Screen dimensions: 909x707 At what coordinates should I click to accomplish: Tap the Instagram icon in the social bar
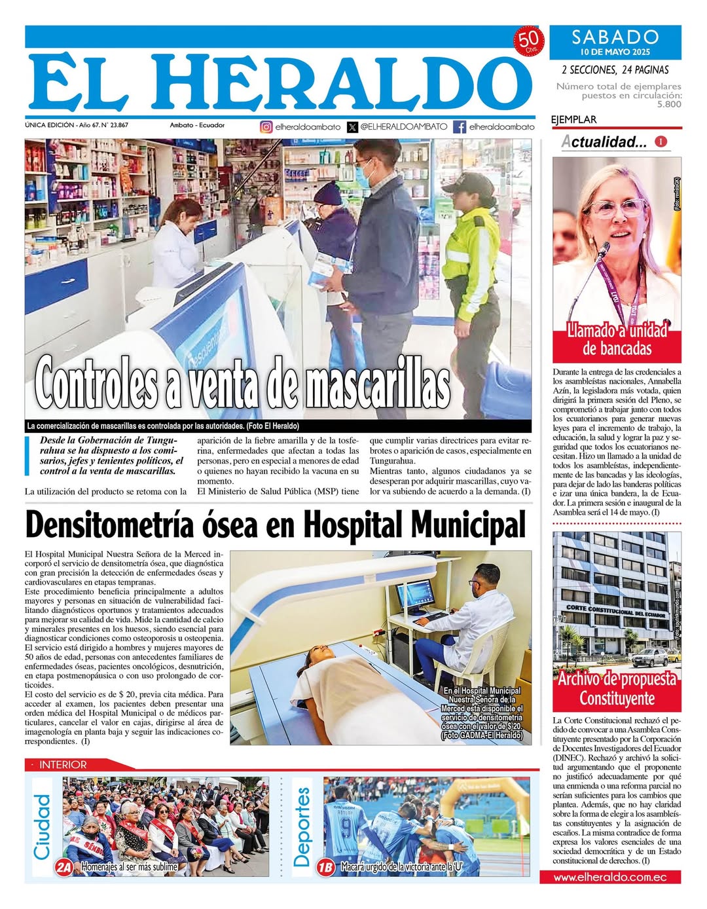click(266, 127)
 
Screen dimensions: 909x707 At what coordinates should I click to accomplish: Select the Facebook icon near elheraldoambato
click(460, 127)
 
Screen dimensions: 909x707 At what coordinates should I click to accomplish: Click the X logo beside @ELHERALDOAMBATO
click(352, 127)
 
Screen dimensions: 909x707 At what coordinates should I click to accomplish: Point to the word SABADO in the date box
click(615, 37)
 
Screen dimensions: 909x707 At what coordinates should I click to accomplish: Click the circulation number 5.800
click(669, 104)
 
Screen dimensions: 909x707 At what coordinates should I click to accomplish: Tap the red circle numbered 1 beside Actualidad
click(661, 141)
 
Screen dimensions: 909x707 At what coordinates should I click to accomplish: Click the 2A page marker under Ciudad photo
click(63, 867)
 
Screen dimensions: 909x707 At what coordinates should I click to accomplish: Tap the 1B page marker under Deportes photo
click(325, 867)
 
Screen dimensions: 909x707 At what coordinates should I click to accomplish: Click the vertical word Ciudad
click(42, 827)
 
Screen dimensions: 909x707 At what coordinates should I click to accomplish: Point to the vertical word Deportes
click(302, 827)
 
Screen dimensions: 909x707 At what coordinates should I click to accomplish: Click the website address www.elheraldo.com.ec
click(610, 877)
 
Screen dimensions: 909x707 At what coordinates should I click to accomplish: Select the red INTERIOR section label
click(63, 764)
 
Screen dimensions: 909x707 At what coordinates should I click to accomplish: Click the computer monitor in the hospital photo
click(414, 595)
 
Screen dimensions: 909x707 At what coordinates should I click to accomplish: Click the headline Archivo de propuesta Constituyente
click(617, 688)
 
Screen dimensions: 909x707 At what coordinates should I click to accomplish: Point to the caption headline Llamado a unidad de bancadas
click(617, 339)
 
